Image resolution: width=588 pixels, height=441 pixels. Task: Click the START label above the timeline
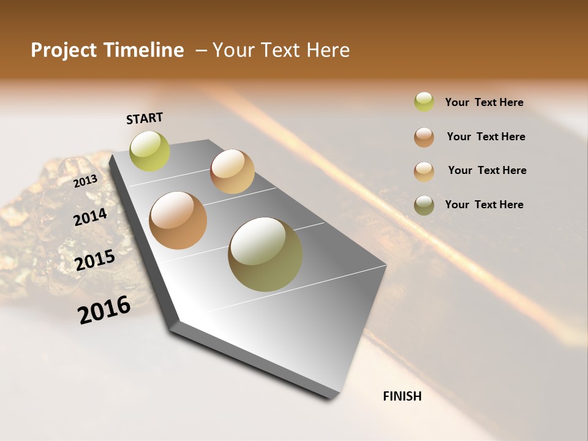pyautogui.click(x=145, y=118)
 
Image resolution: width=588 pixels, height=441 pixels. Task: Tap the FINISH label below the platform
pyautogui.click(x=402, y=396)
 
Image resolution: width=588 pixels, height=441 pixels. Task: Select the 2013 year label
pyautogui.click(x=86, y=181)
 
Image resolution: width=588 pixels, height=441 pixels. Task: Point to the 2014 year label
pyautogui.click(x=91, y=217)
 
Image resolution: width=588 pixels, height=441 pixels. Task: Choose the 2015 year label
pyautogui.click(x=95, y=260)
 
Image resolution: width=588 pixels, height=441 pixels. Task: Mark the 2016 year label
pyautogui.click(x=104, y=310)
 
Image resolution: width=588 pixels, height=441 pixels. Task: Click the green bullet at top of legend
pyautogui.click(x=424, y=102)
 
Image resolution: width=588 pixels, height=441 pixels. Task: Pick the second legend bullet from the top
pyautogui.click(x=424, y=137)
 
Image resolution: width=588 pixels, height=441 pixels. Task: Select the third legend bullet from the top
pyautogui.click(x=424, y=171)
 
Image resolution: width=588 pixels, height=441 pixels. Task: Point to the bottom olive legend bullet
pyautogui.click(x=424, y=205)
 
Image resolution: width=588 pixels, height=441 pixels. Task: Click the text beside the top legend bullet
pyautogui.click(x=484, y=103)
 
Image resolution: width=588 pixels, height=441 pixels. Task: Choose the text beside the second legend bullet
pyautogui.click(x=486, y=137)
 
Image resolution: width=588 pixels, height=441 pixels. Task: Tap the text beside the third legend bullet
pyautogui.click(x=487, y=170)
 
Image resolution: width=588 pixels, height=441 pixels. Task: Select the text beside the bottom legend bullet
pyautogui.click(x=484, y=205)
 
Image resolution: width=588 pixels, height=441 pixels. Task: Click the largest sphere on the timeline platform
pyautogui.click(x=265, y=254)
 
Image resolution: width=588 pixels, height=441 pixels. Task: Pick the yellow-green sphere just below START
pyautogui.click(x=150, y=151)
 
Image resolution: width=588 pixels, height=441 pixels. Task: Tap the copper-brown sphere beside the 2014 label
pyautogui.click(x=178, y=221)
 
